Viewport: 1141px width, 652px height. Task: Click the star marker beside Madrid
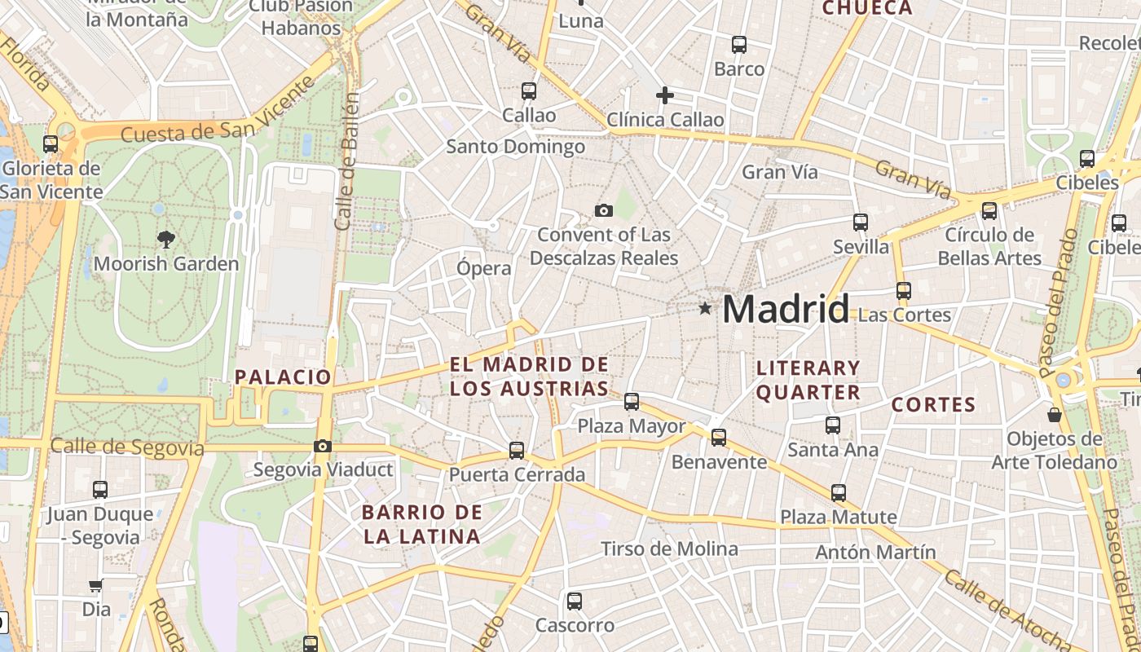[705, 308]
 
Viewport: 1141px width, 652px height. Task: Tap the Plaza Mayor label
[632, 426]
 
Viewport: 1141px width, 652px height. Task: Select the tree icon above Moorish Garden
[166, 239]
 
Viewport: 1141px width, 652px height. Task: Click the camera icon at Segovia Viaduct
[323, 446]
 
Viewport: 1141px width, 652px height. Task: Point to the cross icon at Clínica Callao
[665, 95]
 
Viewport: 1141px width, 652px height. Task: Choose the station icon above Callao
[529, 91]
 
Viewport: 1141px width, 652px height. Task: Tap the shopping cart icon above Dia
[96, 586]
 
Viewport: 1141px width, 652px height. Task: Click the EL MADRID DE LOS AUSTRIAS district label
[530, 377]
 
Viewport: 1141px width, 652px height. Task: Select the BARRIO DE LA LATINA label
[422, 524]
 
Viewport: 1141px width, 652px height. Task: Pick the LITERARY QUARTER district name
[808, 380]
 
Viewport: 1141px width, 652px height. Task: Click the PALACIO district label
[283, 377]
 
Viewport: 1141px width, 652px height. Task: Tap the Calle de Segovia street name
[127, 447]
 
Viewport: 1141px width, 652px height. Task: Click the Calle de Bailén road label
[347, 161]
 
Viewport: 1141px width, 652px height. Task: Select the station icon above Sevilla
[861, 222]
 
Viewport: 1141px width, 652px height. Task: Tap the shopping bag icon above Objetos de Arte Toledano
[1055, 415]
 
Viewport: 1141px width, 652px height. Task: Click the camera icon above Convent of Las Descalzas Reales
[604, 210]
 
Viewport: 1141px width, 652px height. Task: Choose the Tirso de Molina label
[669, 549]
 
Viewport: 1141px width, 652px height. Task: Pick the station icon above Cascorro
[575, 601]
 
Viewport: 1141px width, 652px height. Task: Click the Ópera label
[484, 267]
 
